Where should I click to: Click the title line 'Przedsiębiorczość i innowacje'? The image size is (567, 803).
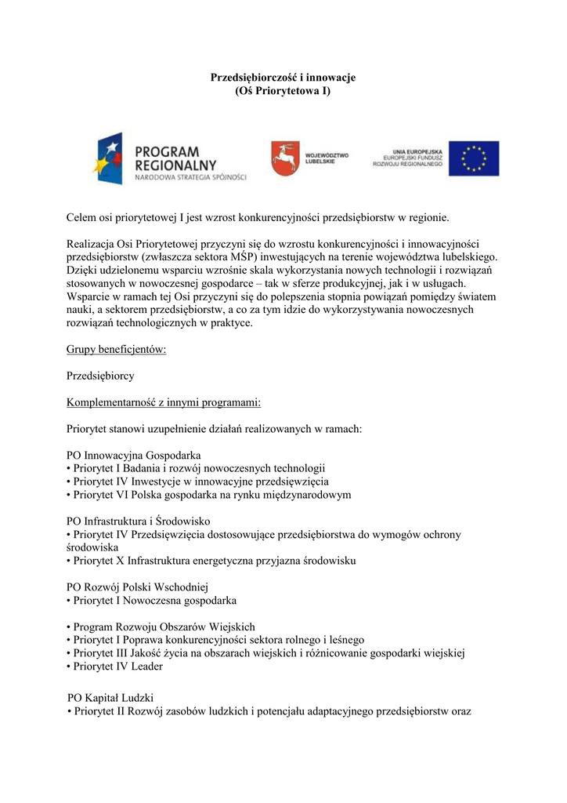pos(283,78)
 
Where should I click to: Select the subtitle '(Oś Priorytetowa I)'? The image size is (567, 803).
pos(283,91)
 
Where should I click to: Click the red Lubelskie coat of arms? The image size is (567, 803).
pos(285,158)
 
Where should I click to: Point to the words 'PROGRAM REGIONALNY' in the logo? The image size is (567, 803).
pos(175,158)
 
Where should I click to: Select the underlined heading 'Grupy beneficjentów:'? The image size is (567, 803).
pos(117,350)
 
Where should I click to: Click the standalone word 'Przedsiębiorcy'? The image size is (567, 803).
pos(101,376)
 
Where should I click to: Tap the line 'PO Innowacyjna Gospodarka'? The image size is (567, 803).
pos(134,455)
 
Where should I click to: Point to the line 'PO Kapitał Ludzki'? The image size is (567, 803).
pos(110,697)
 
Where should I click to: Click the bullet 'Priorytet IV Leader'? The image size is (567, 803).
pos(115,667)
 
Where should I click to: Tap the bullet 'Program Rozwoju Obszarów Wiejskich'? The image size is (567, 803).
pos(161,627)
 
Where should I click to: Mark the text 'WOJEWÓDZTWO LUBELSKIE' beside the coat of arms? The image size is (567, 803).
pos(327,158)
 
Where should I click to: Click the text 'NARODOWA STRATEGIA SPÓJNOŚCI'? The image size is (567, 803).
pos(190,178)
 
